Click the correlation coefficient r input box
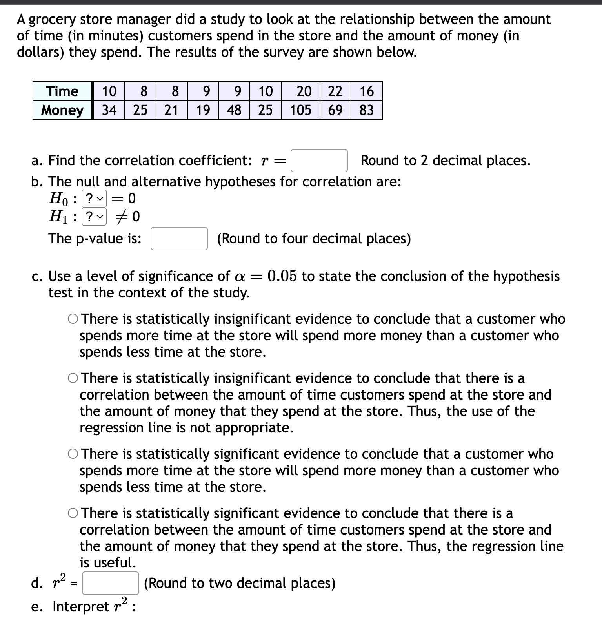point(319,161)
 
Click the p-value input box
point(179,239)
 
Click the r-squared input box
point(110,583)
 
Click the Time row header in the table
point(62,91)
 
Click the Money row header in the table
point(62,110)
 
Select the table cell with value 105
point(300,110)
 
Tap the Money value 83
point(366,110)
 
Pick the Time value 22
point(335,91)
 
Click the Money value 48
point(234,110)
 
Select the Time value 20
point(304,91)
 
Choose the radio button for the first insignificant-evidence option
point(73,319)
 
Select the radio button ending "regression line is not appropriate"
point(73,378)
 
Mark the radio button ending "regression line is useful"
point(73,513)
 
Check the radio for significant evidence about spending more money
point(73,454)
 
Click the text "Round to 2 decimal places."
point(445,161)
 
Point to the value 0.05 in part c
point(282,276)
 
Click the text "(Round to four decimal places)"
point(314,239)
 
